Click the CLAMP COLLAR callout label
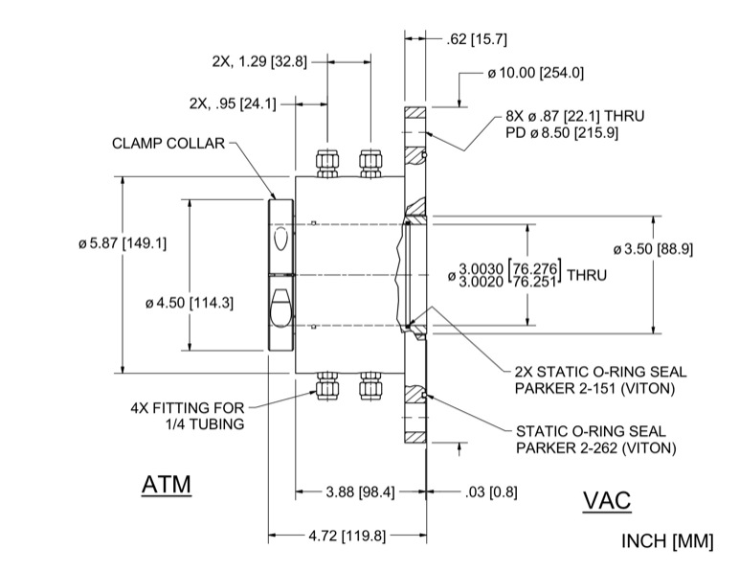(x=168, y=144)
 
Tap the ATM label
(x=166, y=486)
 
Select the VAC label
(x=607, y=501)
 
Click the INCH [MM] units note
(x=668, y=541)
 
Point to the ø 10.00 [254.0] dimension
(x=535, y=72)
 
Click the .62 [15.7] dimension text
(x=477, y=39)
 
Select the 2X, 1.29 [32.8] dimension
(x=259, y=60)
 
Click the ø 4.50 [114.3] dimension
(x=190, y=302)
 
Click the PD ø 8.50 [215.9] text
(x=575, y=133)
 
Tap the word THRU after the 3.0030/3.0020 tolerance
(x=588, y=274)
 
